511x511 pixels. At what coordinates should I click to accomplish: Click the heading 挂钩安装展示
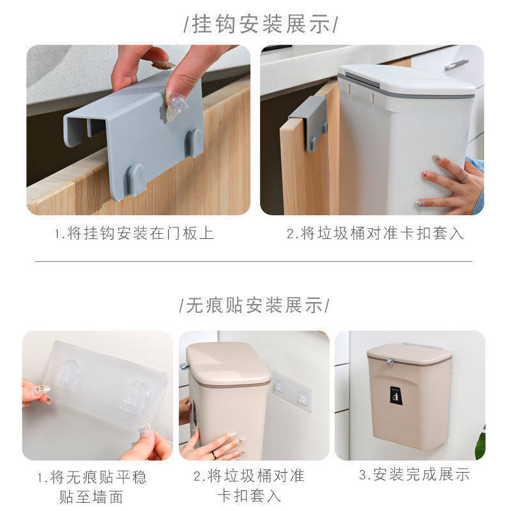[x=259, y=25]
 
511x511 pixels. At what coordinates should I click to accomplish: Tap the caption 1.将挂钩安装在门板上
[x=132, y=233]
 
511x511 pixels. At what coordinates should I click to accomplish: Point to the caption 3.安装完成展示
[x=413, y=475]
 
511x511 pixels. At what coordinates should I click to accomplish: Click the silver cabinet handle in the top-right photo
[x=456, y=64]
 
